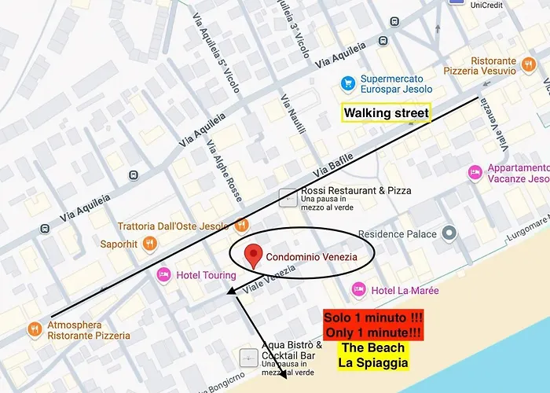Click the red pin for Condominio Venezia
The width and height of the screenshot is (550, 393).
click(x=252, y=255)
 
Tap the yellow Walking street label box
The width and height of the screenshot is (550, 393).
click(x=387, y=113)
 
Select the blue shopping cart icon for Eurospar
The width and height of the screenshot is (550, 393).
click(x=347, y=83)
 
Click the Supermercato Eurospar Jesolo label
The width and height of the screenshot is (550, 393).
click(x=396, y=84)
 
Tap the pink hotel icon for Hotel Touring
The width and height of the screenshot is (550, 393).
click(x=163, y=275)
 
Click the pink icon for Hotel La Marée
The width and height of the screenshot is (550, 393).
click(x=358, y=290)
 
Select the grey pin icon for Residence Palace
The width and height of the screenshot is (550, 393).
click(x=449, y=233)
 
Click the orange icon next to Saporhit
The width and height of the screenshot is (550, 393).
click(x=150, y=244)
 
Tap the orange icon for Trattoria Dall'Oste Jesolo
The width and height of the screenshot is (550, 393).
click(x=241, y=226)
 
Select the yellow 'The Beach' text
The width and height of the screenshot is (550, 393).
click(x=374, y=347)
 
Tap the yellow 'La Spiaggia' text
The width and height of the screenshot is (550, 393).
click(x=374, y=362)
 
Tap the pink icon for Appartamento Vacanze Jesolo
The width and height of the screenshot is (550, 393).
click(x=474, y=171)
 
